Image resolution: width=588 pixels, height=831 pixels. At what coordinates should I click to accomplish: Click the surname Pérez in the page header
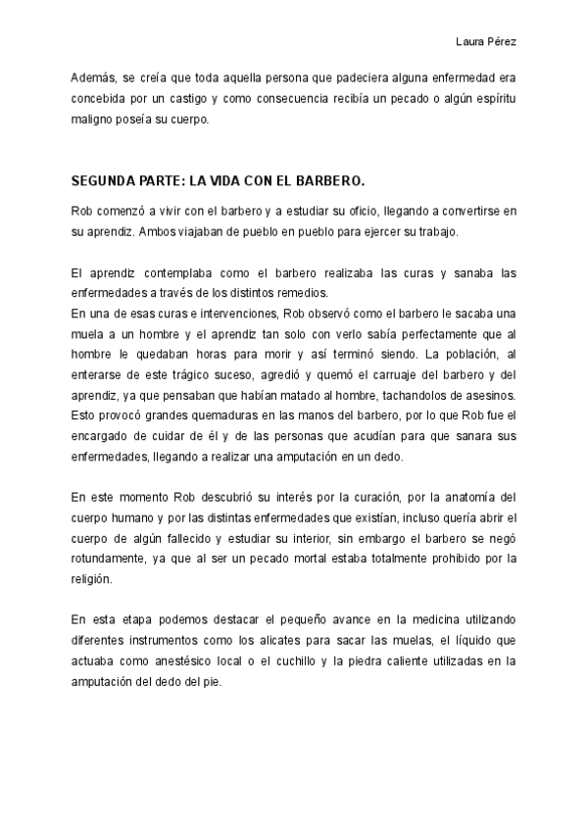(x=502, y=42)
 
